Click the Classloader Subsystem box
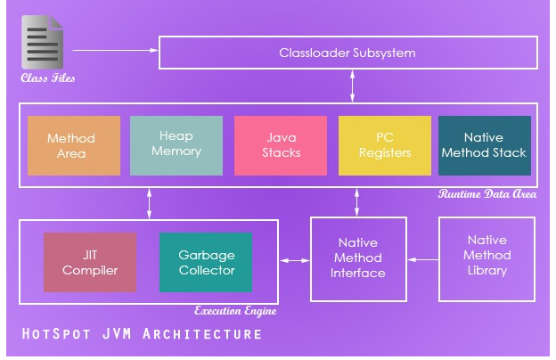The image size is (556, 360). click(x=347, y=53)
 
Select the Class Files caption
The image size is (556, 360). click(x=48, y=78)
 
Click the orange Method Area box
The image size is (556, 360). click(x=73, y=145)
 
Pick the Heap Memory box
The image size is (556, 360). click(x=176, y=144)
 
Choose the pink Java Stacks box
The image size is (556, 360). click(x=282, y=145)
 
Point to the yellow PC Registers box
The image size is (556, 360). click(x=384, y=145)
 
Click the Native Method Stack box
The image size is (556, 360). click(x=485, y=145)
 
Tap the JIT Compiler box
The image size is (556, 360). click(x=90, y=262)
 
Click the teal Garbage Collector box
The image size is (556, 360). click(x=206, y=262)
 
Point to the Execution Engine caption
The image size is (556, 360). click(x=235, y=311)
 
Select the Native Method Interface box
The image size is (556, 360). click(x=357, y=258)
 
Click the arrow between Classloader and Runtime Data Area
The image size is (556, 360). click(x=353, y=86)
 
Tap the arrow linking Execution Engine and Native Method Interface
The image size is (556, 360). click(x=294, y=259)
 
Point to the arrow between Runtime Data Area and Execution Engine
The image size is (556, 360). click(x=149, y=202)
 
